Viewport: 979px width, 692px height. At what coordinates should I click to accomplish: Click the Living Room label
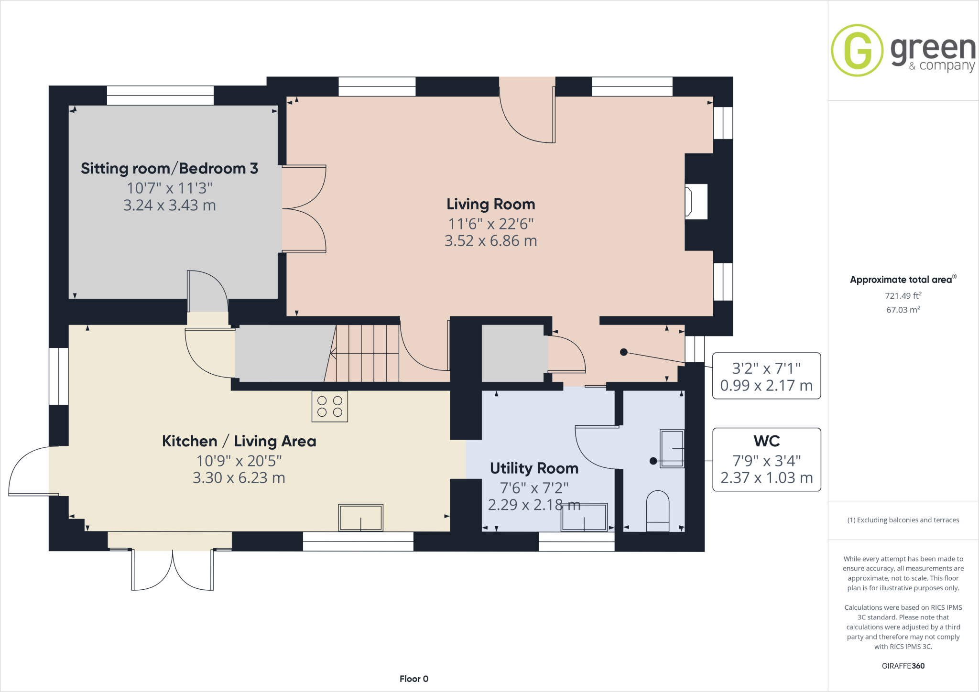pos(490,205)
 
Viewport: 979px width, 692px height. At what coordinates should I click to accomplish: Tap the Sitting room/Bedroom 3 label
pos(169,169)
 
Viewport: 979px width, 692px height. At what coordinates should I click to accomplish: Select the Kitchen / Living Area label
pos(239,441)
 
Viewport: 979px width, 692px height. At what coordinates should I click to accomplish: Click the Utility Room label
pos(534,468)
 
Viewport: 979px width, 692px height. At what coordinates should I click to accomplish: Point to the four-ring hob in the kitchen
pos(330,407)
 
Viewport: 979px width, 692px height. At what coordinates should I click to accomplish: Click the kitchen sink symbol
pos(360,518)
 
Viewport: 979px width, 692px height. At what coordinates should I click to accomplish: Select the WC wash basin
pos(672,448)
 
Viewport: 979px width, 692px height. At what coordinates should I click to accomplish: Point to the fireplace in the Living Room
pos(696,202)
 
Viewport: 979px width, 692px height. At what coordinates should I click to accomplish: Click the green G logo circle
pos(857,51)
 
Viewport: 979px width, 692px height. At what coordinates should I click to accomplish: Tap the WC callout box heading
pos(766,441)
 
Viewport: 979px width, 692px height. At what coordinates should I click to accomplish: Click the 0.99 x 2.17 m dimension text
pos(766,386)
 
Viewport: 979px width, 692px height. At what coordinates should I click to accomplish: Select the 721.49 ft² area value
pos(903,296)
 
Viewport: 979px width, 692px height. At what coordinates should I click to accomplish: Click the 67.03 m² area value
pos(903,310)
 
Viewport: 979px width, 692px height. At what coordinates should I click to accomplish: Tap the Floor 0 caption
pos(414,679)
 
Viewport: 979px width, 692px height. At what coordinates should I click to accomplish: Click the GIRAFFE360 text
pos(903,666)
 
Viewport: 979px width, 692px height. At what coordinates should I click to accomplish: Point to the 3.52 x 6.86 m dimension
pos(490,241)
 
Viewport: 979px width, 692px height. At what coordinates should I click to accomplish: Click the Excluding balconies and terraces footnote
pos(903,520)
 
